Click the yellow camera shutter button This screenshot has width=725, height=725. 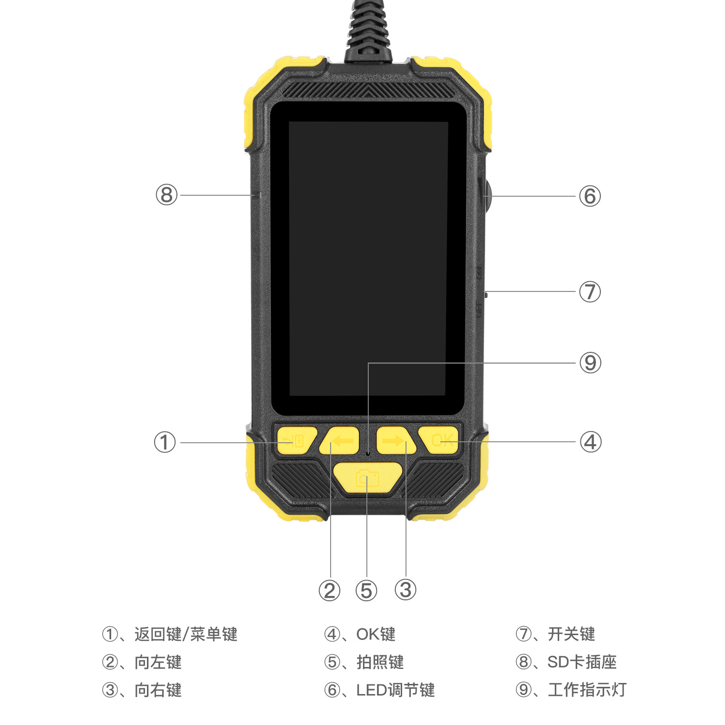367,478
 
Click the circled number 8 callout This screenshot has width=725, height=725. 166,195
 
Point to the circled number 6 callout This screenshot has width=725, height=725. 590,196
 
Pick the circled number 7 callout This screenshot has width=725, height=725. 590,292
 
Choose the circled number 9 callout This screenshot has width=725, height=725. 590,362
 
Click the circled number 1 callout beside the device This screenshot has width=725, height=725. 164,442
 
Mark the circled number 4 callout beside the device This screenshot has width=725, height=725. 590,442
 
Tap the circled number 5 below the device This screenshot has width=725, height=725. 366,590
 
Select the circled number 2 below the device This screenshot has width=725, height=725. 330,590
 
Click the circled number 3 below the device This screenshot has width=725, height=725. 405,590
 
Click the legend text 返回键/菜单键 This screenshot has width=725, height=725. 186,634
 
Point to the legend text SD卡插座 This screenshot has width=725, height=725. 582,662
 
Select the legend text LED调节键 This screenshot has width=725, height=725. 395,690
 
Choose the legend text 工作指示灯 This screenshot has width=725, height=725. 587,690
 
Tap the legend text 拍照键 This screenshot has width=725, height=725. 380,662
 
